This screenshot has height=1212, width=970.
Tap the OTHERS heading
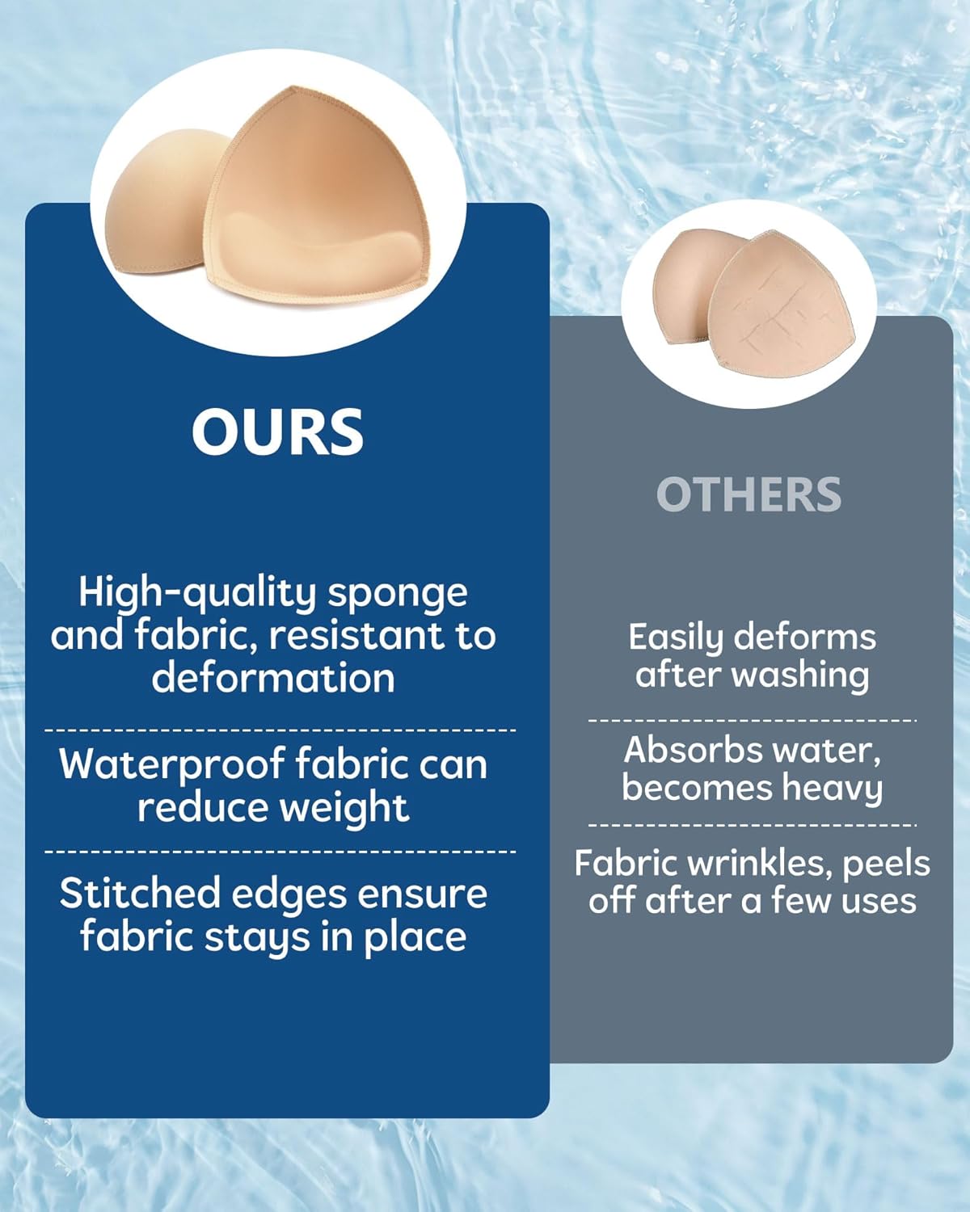pyautogui.click(x=749, y=494)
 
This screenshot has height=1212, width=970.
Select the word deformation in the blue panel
pyautogui.click(x=273, y=677)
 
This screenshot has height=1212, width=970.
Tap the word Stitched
pyautogui.click(x=140, y=894)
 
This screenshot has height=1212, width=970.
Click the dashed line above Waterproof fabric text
pyautogui.click(x=280, y=730)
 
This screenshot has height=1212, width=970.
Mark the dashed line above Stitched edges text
pyautogui.click(x=280, y=852)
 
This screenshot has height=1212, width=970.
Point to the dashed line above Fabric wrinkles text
pyautogui.click(x=752, y=826)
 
